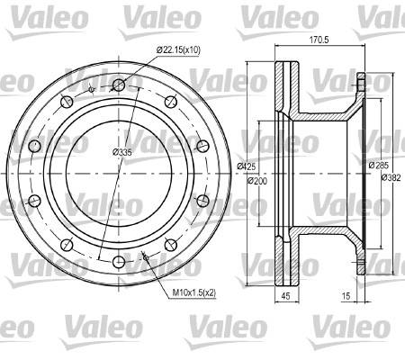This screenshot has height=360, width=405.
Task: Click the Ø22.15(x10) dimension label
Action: tap(178, 49)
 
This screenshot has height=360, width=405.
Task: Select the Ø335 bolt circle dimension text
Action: tap(122, 153)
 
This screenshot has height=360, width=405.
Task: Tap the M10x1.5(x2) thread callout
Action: tap(194, 292)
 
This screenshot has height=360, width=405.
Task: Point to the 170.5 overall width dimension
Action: tap(319, 40)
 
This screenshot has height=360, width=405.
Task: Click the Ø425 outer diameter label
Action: tap(247, 166)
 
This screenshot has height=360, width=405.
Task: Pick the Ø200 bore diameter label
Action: tap(257, 181)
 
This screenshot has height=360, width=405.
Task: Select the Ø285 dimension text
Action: tap(379, 166)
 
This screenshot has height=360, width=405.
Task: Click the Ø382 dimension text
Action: tap(391, 177)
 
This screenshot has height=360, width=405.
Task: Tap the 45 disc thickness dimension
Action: tap(286, 296)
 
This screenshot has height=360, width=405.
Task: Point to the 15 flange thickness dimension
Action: tap(346, 296)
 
